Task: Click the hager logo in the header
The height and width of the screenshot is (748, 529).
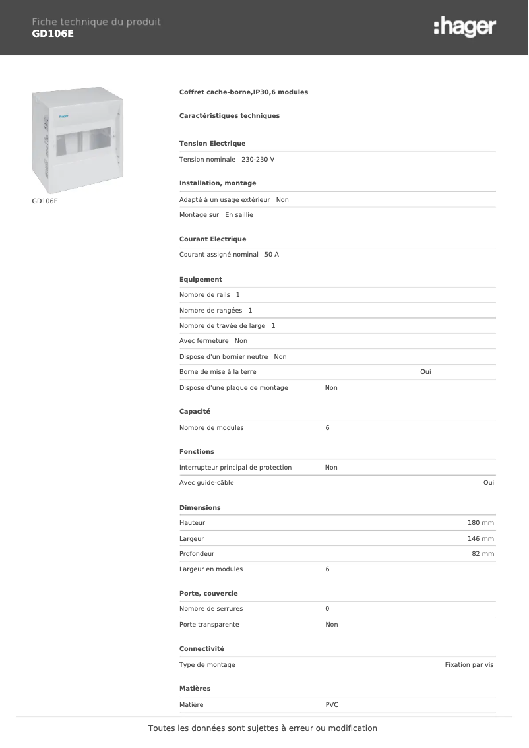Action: pyautogui.click(x=464, y=27)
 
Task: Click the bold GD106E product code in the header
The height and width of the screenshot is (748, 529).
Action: pyautogui.click(x=53, y=34)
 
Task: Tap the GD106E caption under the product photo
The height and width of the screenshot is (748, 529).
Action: pyautogui.click(x=45, y=201)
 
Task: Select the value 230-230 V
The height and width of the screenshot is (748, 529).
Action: pyautogui.click(x=258, y=160)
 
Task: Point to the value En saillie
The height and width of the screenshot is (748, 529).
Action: pyautogui.click(x=239, y=215)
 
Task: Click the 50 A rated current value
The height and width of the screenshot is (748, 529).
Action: pyautogui.click(x=272, y=255)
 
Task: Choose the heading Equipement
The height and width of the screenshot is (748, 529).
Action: pyautogui.click(x=201, y=280)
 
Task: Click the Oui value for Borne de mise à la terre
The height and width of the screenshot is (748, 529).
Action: pyautogui.click(x=425, y=372)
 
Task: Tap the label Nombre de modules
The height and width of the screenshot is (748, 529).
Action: pyautogui.click(x=211, y=428)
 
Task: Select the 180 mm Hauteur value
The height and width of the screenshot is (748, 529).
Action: pyautogui.click(x=480, y=523)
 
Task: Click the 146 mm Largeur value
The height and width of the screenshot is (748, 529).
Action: pyautogui.click(x=480, y=539)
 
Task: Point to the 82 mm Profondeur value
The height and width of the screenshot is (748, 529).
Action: pyautogui.click(x=483, y=554)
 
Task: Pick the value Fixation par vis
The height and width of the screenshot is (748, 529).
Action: pyautogui.click(x=469, y=665)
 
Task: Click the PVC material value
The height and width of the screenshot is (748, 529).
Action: pyautogui.click(x=332, y=705)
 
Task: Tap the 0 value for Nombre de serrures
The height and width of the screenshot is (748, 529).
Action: pyautogui.click(x=327, y=609)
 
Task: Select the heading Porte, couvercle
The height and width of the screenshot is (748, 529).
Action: pyautogui.click(x=208, y=594)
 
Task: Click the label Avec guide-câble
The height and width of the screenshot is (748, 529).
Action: pyautogui.click(x=206, y=483)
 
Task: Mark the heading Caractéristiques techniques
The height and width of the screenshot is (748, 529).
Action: pyautogui.click(x=230, y=116)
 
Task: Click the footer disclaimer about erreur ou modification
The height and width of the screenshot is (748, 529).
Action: pyautogui.click(x=263, y=728)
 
